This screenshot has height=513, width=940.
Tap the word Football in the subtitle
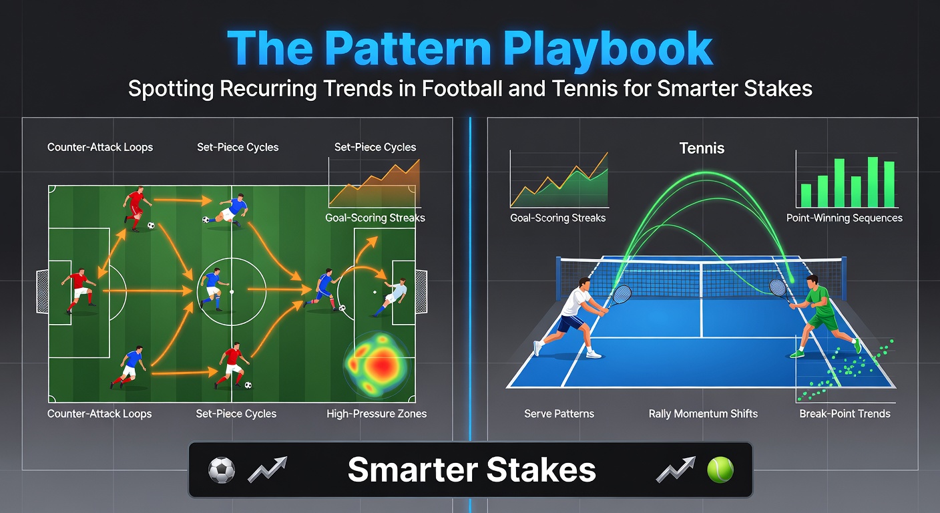[462, 89]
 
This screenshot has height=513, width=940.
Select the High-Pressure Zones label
[377, 414]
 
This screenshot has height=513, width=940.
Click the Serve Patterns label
[559, 414]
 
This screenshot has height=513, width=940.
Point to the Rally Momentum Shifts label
[703, 414]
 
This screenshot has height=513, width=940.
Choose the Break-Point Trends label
[845, 414]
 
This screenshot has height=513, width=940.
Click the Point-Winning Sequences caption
[845, 218]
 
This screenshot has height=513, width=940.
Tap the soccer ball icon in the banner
[222, 470]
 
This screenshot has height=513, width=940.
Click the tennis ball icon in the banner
[720, 470]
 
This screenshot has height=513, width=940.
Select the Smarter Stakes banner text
[472, 470]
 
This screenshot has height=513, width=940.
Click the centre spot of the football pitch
[232, 292]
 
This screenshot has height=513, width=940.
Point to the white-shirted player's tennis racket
[619, 297]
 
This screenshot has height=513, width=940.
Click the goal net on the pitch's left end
[42, 292]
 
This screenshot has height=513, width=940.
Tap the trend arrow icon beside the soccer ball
[268, 470]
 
